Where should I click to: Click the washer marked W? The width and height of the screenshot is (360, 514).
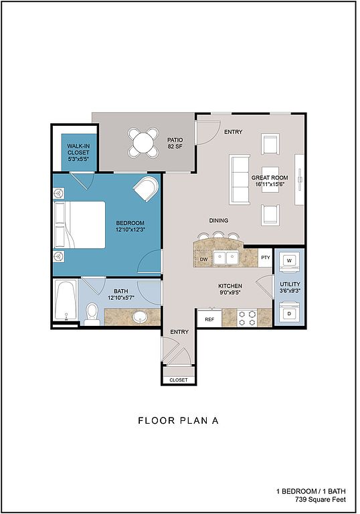pyautogui.click(x=289, y=261)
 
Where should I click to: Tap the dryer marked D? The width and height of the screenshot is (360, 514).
pyautogui.click(x=289, y=313)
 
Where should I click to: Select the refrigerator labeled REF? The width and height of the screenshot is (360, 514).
pyautogui.click(x=209, y=319)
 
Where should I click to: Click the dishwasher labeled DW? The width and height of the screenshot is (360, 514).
pyautogui.click(x=203, y=259)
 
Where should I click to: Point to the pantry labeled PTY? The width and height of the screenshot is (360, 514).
pyautogui.click(x=266, y=257)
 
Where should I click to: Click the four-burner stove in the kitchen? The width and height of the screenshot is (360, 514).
pyautogui.click(x=247, y=318)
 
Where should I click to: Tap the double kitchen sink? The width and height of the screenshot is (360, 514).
pyautogui.click(x=226, y=258)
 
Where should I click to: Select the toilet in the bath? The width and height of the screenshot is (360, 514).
pyautogui.click(x=92, y=314)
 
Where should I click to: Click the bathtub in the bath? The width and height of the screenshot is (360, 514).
pyautogui.click(x=66, y=301)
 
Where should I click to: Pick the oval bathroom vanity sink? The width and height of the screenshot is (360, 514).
pyautogui.click(x=141, y=317)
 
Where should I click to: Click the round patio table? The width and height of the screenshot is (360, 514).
pyautogui.click(x=143, y=143)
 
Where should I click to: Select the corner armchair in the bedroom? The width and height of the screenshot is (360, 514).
pyautogui.click(x=147, y=189)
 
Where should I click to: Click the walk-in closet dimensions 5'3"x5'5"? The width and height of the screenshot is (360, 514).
pyautogui.click(x=78, y=159)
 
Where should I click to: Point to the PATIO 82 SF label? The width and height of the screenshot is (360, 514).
pyautogui.click(x=175, y=143)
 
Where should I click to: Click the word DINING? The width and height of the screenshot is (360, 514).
pyautogui.click(x=219, y=220)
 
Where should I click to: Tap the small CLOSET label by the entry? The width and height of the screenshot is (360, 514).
pyautogui.click(x=179, y=380)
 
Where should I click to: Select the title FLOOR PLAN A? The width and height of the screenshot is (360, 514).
pyautogui.click(x=179, y=420)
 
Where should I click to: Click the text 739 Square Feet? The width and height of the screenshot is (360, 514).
pyautogui.click(x=321, y=499)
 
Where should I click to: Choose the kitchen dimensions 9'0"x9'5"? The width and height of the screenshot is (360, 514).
pyautogui.click(x=230, y=292)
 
